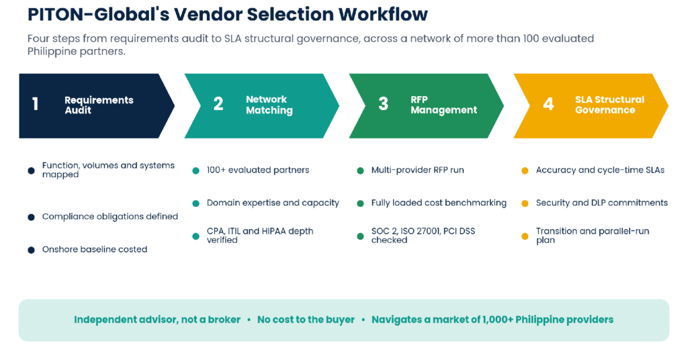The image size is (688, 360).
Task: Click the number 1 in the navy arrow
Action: coord(35,104)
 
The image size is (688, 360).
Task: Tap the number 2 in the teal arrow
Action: coord(218,104)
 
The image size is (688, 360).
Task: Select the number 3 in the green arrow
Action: coord(383,104)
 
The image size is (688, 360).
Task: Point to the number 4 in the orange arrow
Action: coord(548,104)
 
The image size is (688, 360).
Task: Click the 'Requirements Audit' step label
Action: coord(99,105)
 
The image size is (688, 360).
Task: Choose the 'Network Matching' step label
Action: coord(269,105)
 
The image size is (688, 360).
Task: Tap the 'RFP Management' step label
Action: coord(443,105)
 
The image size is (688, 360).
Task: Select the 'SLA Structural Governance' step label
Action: coord(609,105)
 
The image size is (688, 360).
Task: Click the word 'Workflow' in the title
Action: coord(383,15)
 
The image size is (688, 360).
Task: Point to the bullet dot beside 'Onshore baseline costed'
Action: coord(31,250)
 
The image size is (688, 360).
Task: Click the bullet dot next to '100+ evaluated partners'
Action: coord(196,171)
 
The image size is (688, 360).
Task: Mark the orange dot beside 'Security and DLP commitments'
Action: coord(525,204)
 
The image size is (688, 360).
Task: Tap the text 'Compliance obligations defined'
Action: coord(110,217)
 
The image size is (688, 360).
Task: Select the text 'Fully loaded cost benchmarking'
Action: coord(439,203)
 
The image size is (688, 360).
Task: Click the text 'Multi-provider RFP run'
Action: coord(418,170)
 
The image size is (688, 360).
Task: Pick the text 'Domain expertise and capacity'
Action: coord(273,203)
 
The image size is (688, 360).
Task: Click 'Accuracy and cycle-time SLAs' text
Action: coord(600,170)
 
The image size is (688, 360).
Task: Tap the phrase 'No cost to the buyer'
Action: coord(306,320)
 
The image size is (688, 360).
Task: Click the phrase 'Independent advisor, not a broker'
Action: coord(157,320)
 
